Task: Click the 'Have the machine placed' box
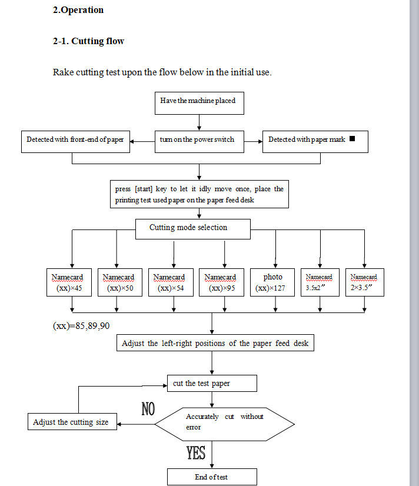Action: [199, 103]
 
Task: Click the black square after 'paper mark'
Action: [352, 139]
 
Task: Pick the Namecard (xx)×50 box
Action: [118, 282]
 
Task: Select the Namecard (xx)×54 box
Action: [169, 282]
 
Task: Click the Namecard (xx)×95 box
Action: [220, 282]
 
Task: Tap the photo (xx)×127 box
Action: [272, 282]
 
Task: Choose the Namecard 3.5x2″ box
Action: [319, 282]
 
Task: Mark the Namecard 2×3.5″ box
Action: [364, 282]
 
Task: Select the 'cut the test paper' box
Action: [212, 384]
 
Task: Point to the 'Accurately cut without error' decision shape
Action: [224, 422]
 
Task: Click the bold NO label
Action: [148, 409]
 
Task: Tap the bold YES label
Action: [196, 453]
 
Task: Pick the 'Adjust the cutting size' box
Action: [71, 422]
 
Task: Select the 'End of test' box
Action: [212, 477]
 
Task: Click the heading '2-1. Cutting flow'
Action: [88, 41]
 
